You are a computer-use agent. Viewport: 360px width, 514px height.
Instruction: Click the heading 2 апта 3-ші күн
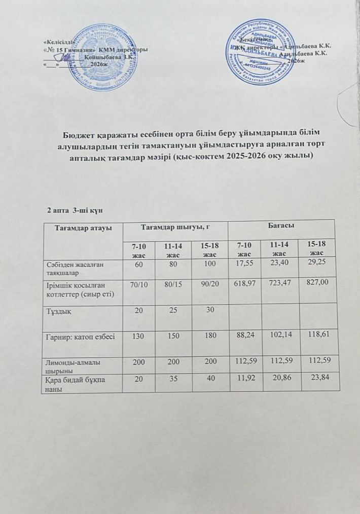[75, 209]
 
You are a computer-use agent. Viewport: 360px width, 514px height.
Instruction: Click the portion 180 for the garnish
[208, 335]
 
